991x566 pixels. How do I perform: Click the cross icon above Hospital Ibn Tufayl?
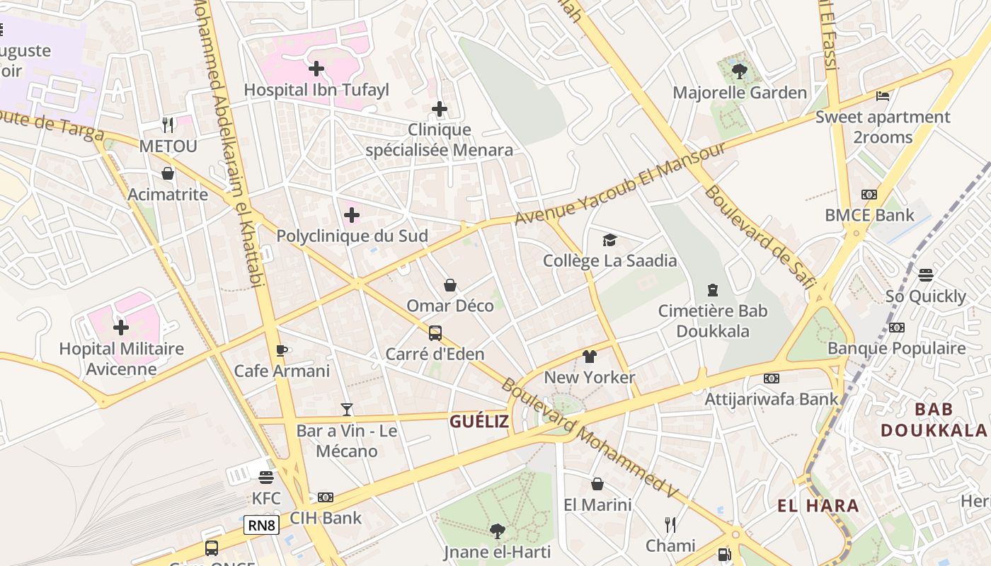316,69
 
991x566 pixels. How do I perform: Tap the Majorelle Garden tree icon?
740,71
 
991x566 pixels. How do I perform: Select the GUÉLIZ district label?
479,422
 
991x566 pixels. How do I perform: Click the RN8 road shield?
261,525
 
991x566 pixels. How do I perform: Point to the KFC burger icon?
266,477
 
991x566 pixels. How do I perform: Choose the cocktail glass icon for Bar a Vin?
347,409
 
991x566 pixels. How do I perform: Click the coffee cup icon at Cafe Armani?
282,350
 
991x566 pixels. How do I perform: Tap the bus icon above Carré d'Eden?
435,333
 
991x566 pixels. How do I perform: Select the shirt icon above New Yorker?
590,356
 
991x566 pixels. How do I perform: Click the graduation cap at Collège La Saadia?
609,240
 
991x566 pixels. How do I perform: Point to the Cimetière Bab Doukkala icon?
713,289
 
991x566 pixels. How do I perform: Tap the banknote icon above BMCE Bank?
869,195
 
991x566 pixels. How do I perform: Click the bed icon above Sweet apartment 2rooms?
883,96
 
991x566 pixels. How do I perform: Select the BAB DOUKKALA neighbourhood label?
934,420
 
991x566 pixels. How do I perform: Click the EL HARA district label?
818,506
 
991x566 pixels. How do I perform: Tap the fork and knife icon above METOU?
168,125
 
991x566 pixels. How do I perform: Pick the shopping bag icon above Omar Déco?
450,285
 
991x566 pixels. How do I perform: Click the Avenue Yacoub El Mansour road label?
620,183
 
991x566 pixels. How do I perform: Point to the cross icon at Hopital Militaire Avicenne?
121,328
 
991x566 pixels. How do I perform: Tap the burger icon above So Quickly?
926,275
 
